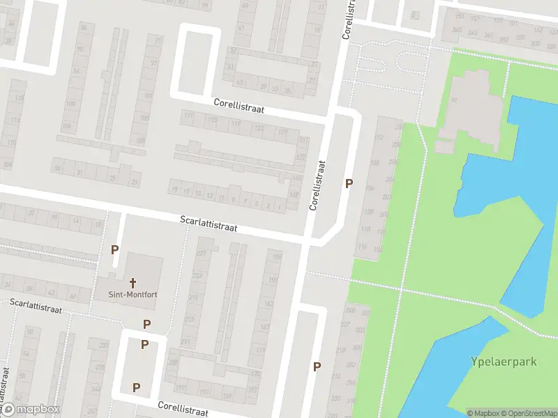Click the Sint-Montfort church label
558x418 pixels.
coord(133,295)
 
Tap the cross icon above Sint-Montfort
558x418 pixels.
coord(132,283)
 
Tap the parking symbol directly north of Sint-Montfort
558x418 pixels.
coord(115,249)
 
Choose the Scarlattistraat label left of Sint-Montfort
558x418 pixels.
coord(36,305)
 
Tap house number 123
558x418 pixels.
coord(259,129)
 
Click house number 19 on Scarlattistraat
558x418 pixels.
coord(174,189)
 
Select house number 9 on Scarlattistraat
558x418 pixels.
coord(233,200)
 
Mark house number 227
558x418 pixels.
coord(202,253)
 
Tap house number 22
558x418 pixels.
coord(31,212)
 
